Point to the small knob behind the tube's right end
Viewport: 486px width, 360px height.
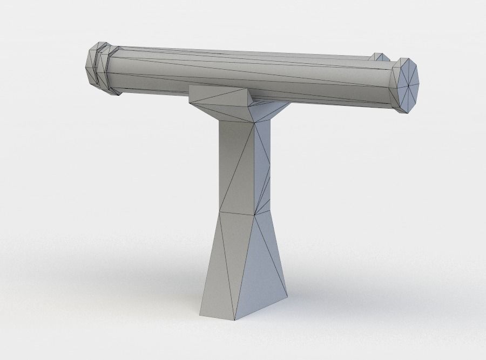point(379,57)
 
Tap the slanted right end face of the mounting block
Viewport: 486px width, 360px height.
point(249,97)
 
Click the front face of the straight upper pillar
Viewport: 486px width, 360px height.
point(235,168)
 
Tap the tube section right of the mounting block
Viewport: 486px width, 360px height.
point(324,81)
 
